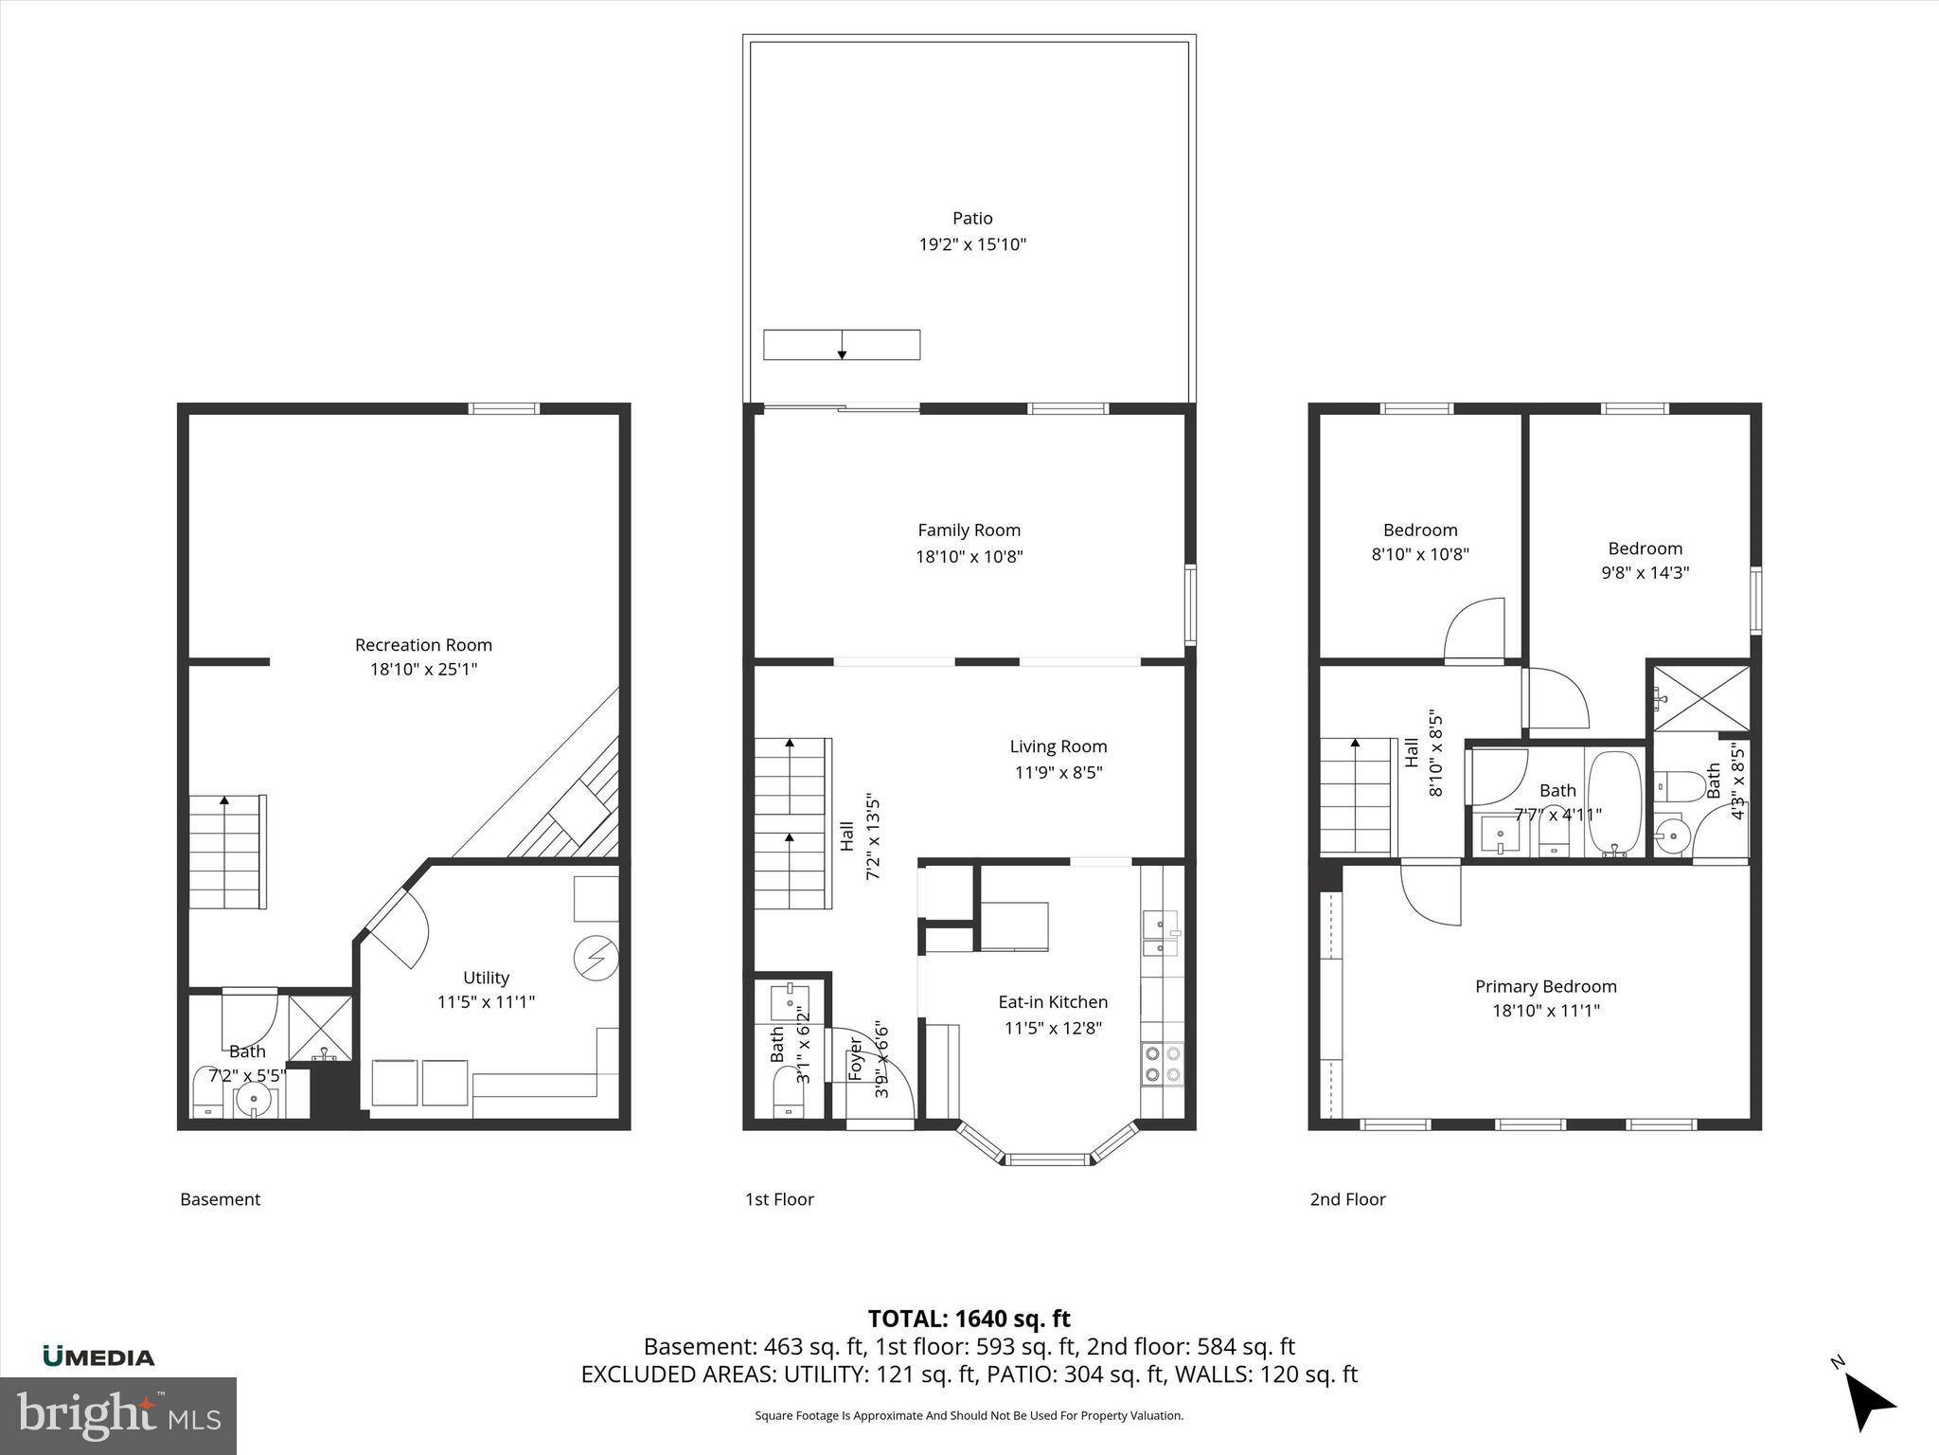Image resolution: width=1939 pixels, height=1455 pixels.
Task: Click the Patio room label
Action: point(972,218)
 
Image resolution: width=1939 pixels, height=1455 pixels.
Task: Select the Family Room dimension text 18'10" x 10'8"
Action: point(969,556)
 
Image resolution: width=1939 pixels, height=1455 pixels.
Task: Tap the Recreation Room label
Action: point(423,645)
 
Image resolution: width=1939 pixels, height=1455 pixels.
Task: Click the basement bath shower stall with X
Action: point(319,1028)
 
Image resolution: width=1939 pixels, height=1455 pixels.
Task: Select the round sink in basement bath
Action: point(254,1101)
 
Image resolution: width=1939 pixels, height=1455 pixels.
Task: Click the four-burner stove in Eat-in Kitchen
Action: point(1162,1062)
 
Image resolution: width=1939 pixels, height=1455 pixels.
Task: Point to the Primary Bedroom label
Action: point(1545,986)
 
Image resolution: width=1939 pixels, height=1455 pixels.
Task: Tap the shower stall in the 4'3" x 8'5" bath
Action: point(1701,699)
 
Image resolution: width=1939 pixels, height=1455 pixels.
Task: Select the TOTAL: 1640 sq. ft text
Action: point(969,1319)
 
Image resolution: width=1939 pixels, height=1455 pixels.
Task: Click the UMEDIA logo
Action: point(98,1356)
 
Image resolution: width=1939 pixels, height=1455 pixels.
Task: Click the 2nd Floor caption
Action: point(1347,1199)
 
